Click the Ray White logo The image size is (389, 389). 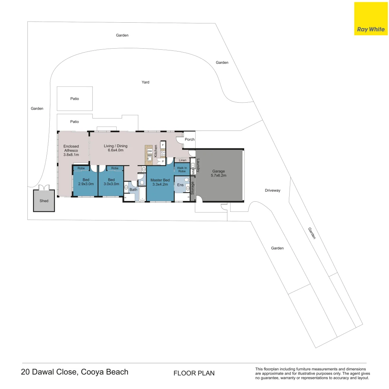tap(371, 19)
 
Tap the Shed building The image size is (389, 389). tap(44, 201)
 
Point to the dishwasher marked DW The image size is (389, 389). tap(149, 151)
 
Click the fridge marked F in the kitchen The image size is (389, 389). tap(163, 145)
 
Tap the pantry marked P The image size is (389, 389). tap(163, 161)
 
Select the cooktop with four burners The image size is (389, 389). tap(163, 153)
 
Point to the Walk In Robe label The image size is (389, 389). tap(182, 169)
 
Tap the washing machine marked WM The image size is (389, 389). tap(193, 172)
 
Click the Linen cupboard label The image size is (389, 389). tap(182, 160)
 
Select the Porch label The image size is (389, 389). tap(189, 139)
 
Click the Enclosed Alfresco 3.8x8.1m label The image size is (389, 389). tap(71, 151)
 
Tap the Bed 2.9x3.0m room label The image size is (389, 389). tap(86, 182)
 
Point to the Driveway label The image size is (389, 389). tap(272, 190)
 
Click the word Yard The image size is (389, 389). tap(145, 82)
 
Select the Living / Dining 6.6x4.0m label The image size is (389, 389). tap(116, 148)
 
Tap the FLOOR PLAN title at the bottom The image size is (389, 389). tap(194, 373)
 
